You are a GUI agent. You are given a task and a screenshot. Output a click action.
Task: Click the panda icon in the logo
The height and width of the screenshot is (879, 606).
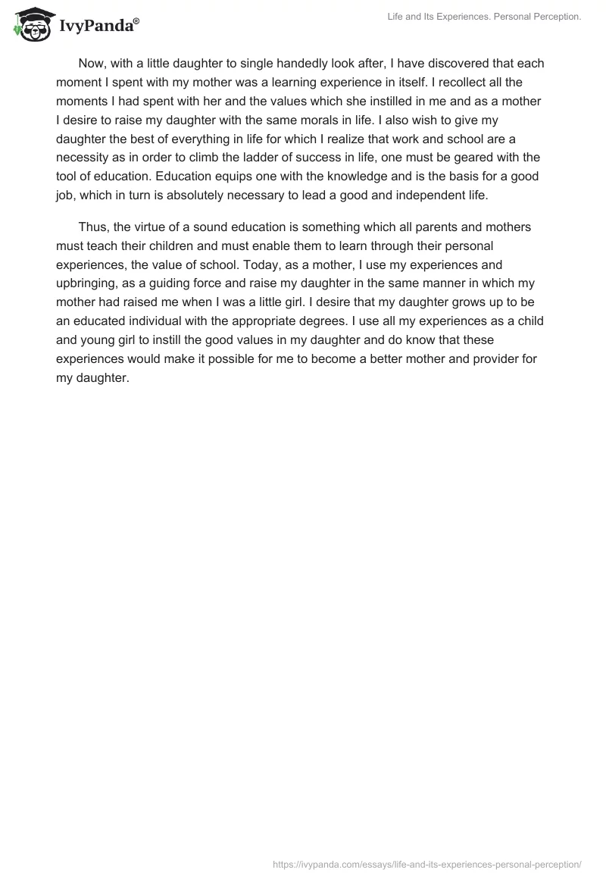(31, 25)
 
